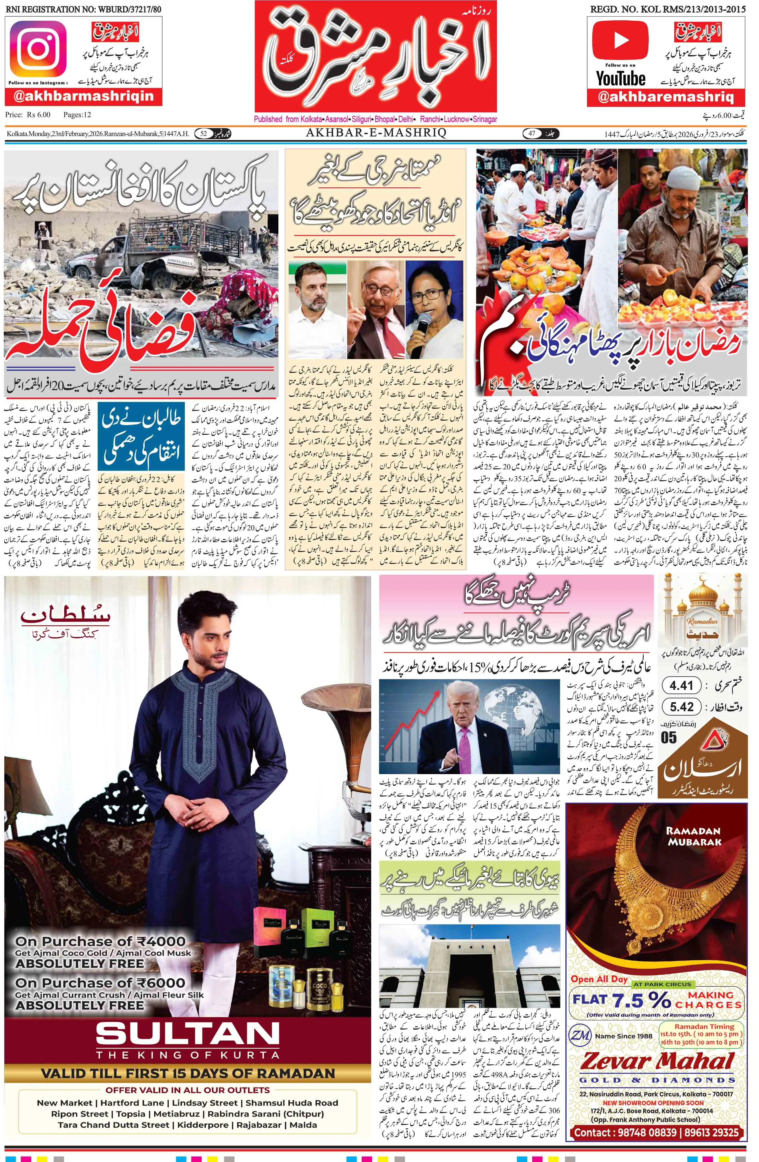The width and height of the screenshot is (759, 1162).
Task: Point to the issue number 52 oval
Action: [x=204, y=133]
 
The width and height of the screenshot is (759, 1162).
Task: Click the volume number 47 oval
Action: [x=532, y=133]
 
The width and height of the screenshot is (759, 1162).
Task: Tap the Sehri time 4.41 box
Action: [x=681, y=686]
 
